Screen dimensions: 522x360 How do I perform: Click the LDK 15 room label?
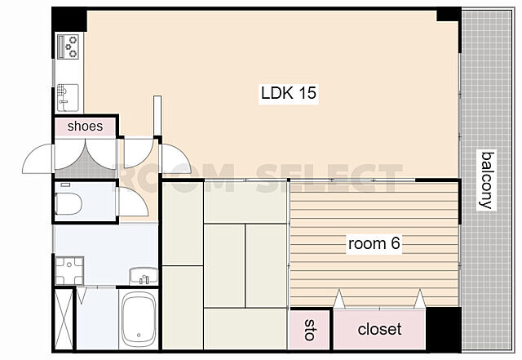tap(288, 93)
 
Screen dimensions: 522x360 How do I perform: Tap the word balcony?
tap(487, 180)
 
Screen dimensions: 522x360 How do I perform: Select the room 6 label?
tap(374, 243)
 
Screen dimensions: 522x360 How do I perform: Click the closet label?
tap(379, 329)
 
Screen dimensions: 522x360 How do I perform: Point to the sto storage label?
tap(310, 330)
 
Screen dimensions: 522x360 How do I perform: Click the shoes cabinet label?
tap(85, 126)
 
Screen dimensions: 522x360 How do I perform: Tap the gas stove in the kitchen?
tap(69, 47)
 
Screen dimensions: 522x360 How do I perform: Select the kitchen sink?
tap(68, 97)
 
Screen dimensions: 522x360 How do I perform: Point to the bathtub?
tap(139, 319)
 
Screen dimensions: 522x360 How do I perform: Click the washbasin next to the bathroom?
tap(144, 276)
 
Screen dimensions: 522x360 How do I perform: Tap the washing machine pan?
tap(69, 271)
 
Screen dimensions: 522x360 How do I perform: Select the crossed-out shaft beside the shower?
tap(64, 319)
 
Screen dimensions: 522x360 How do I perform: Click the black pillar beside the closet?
tap(444, 329)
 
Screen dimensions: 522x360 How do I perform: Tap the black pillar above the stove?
tap(69, 20)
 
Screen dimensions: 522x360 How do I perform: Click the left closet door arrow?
tap(339, 299)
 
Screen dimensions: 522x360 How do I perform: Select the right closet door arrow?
tap(420, 299)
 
